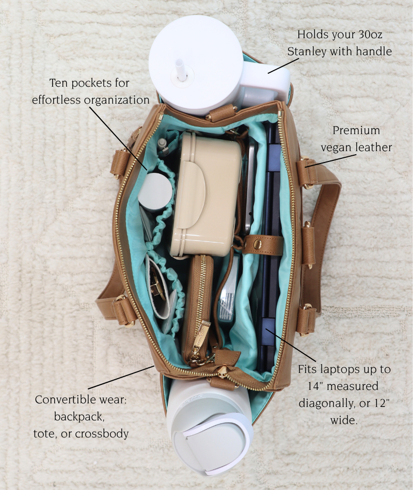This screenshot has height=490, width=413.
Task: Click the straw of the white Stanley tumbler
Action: (x=181, y=70)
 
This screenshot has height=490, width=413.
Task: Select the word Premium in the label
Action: (x=356, y=130)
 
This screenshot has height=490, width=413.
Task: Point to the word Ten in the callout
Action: (x=59, y=83)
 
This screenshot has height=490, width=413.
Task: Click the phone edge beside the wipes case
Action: (x=250, y=186)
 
